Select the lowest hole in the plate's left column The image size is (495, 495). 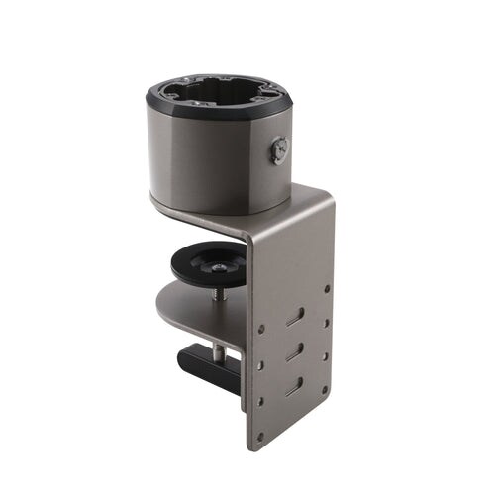(260, 400)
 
